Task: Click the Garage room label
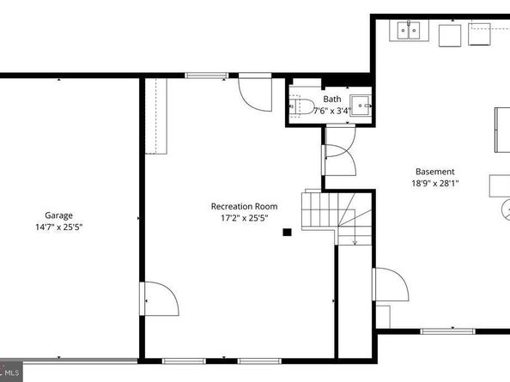(x=59, y=215)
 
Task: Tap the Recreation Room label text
(x=244, y=206)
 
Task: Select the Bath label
(x=332, y=99)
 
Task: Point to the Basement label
(x=435, y=172)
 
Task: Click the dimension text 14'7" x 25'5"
(x=59, y=227)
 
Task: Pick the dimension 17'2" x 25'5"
(x=244, y=218)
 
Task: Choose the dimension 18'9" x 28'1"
(x=435, y=184)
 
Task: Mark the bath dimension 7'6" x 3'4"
(x=332, y=111)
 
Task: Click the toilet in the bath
(x=302, y=106)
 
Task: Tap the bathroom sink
(x=361, y=106)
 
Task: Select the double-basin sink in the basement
(x=410, y=30)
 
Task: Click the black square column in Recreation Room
(x=287, y=232)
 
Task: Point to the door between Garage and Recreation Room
(x=159, y=299)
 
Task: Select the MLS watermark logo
(x=11, y=372)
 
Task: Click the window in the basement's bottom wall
(x=447, y=331)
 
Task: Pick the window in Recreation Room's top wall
(x=207, y=76)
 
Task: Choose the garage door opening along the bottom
(x=81, y=361)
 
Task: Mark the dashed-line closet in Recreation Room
(x=156, y=116)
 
